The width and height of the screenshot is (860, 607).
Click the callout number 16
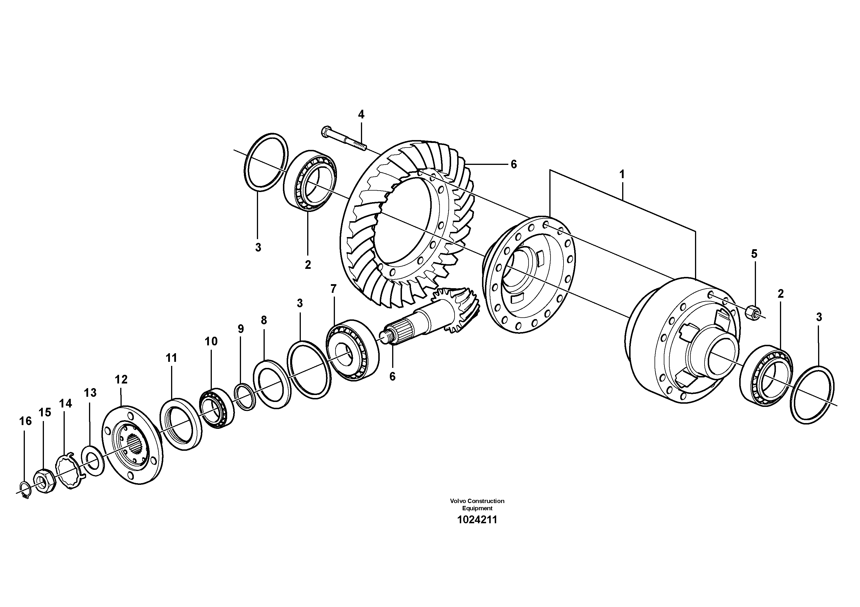pyautogui.click(x=25, y=421)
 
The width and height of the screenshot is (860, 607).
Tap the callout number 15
pyautogui.click(x=45, y=412)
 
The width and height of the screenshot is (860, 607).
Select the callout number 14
pyautogui.click(x=65, y=403)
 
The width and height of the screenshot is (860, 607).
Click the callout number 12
pyautogui.click(x=121, y=379)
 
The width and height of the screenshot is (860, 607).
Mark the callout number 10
pyautogui.click(x=211, y=341)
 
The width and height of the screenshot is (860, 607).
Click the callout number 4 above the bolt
pyautogui.click(x=361, y=114)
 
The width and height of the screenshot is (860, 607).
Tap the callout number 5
pyautogui.click(x=754, y=254)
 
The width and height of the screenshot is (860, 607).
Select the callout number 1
pyautogui.click(x=622, y=174)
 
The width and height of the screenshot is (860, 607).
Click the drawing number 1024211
pyautogui.click(x=477, y=520)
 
